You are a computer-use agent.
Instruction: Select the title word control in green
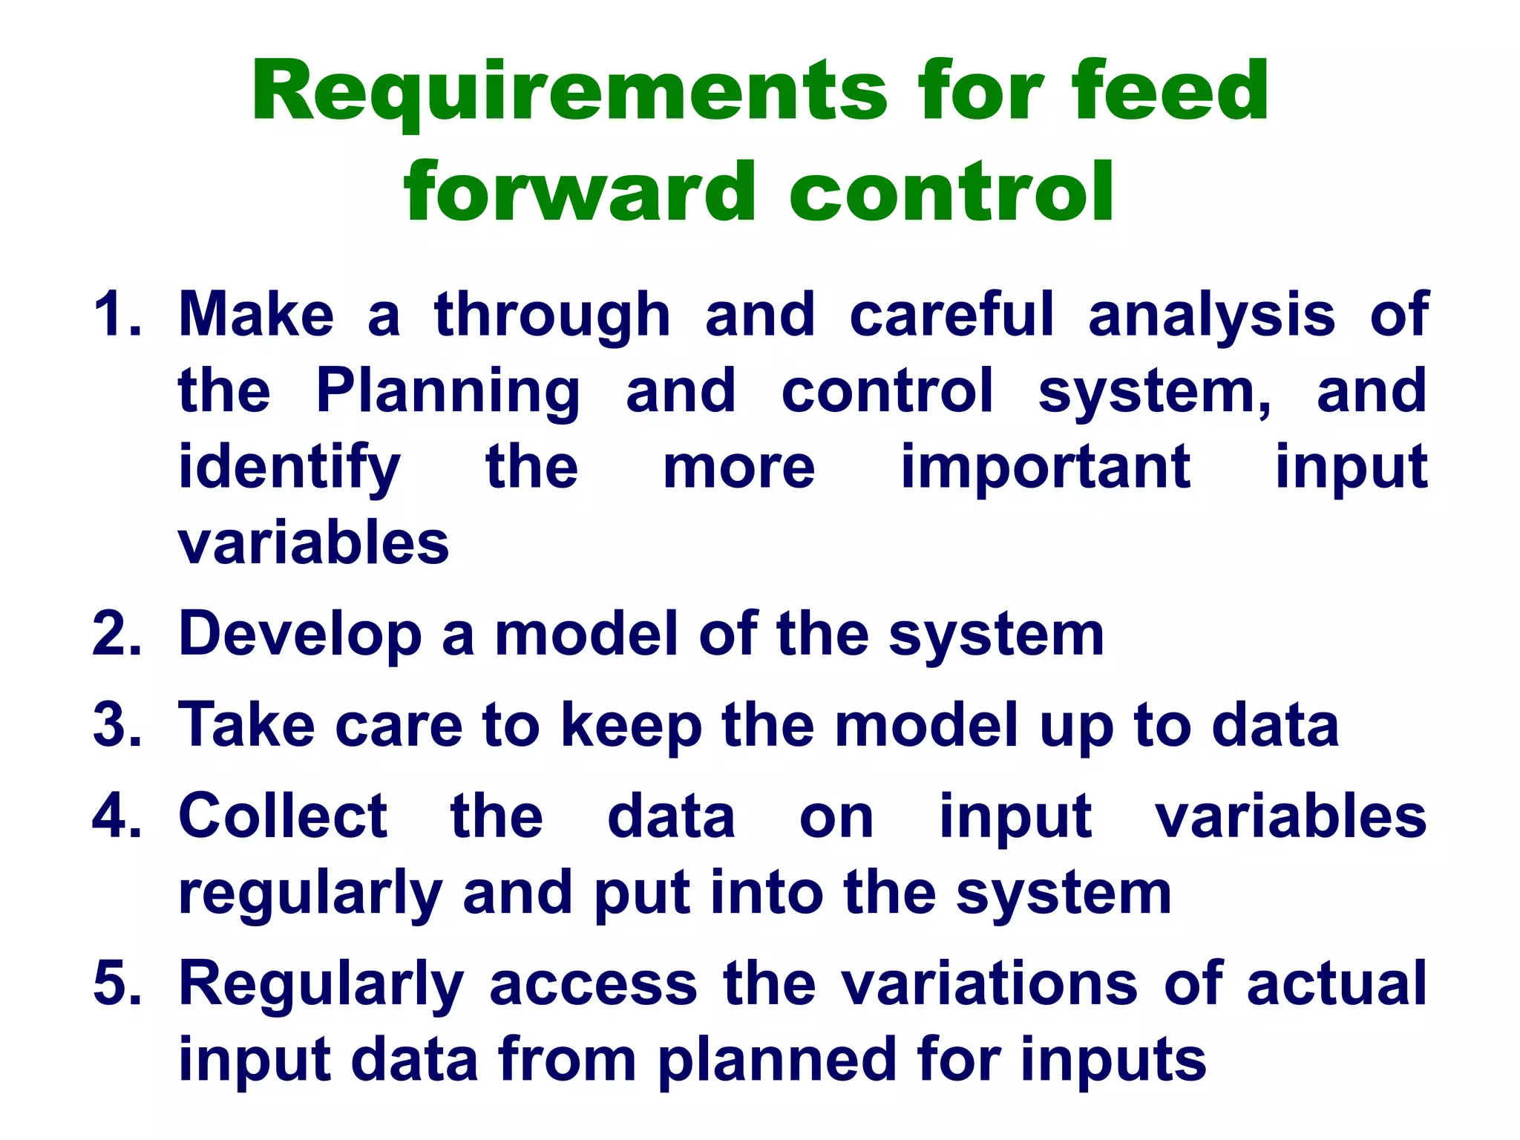pyautogui.click(x=951, y=192)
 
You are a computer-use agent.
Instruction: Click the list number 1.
pyautogui.click(x=115, y=315)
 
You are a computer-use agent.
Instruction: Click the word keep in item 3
pyautogui.click(x=631, y=726)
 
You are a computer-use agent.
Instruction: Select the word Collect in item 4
pyautogui.click(x=283, y=816)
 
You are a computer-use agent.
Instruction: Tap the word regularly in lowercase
pyautogui.click(x=310, y=895)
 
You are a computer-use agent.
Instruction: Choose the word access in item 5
pyautogui.click(x=593, y=984)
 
